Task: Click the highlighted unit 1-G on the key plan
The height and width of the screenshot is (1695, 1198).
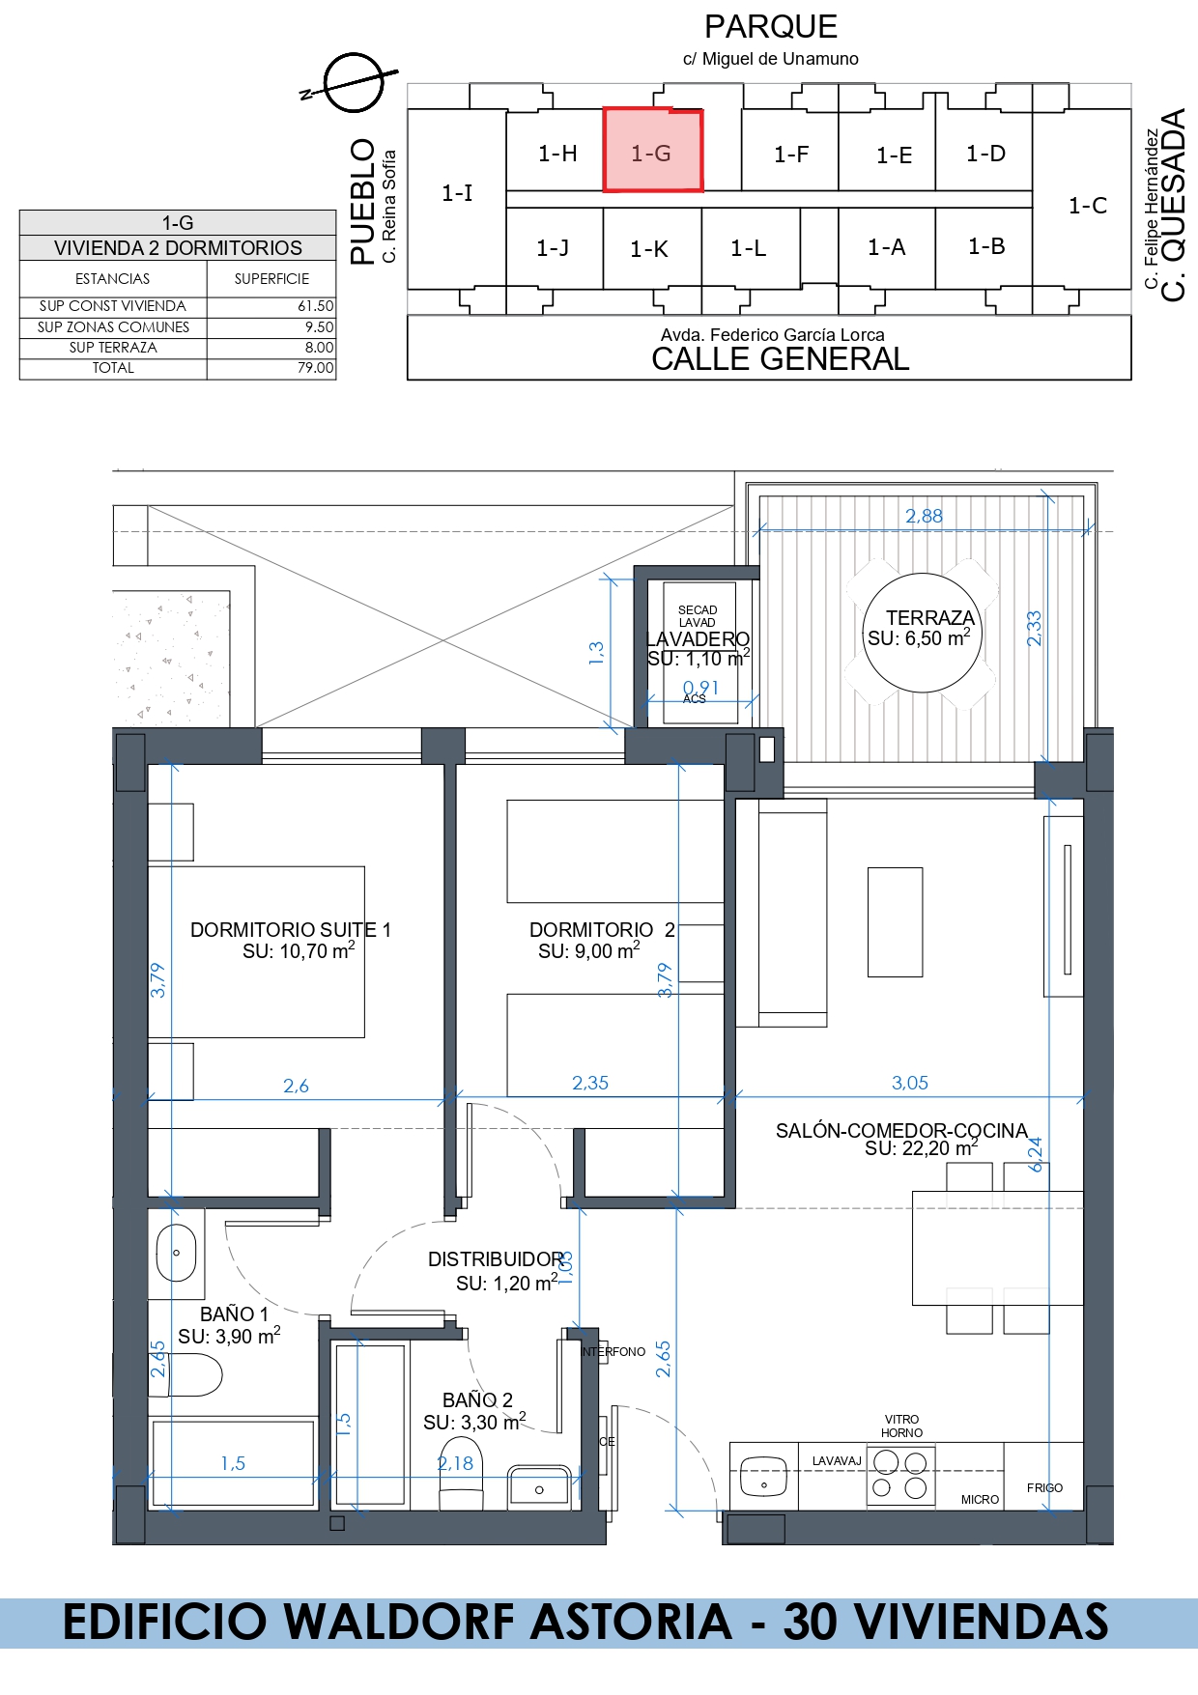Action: (x=653, y=150)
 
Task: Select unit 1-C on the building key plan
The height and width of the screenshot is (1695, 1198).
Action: (x=1087, y=205)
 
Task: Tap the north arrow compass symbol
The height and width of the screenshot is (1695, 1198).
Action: (x=353, y=82)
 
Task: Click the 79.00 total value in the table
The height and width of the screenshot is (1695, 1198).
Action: (x=315, y=368)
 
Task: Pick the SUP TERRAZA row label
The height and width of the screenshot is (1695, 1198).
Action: (x=113, y=348)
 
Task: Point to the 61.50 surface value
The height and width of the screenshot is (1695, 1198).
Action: (x=315, y=306)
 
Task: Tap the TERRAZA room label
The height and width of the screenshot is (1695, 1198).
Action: (x=930, y=617)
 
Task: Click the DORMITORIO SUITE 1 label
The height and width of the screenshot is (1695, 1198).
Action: (x=291, y=929)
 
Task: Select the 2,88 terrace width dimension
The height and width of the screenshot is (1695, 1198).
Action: (x=924, y=516)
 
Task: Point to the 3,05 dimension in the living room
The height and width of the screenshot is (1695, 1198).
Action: (x=910, y=1083)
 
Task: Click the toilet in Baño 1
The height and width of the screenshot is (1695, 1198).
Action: (x=185, y=1374)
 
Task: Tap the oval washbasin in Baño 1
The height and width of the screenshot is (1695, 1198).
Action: (x=176, y=1253)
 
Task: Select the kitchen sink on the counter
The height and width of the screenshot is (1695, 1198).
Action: (x=763, y=1475)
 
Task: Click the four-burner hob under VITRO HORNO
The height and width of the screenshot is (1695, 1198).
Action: (x=900, y=1474)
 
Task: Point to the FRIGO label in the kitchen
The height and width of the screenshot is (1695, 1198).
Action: (x=1044, y=1487)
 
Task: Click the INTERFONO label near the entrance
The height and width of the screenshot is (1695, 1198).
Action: (x=613, y=1351)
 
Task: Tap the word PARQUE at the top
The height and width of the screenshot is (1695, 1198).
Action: (x=771, y=26)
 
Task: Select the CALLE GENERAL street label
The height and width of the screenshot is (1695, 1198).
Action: (x=781, y=359)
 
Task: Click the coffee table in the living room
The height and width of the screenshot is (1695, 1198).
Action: (x=895, y=921)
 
